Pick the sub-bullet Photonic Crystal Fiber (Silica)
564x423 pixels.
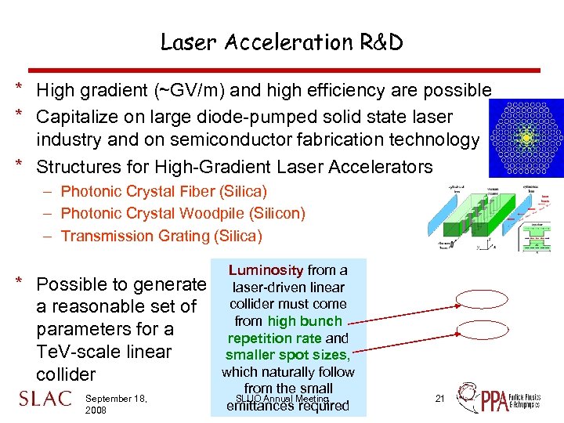pyautogui.click(x=164, y=191)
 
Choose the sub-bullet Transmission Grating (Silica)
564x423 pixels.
pyautogui.click(x=161, y=236)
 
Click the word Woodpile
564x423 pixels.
pyautogui.click(x=214, y=213)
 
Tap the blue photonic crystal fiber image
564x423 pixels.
pyautogui.click(x=526, y=138)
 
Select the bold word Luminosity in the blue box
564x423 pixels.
pyautogui.click(x=266, y=270)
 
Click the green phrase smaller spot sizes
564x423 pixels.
pyautogui.click(x=287, y=355)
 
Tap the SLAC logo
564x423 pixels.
pyautogui.click(x=45, y=399)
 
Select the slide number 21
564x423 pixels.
pyautogui.click(x=439, y=399)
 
